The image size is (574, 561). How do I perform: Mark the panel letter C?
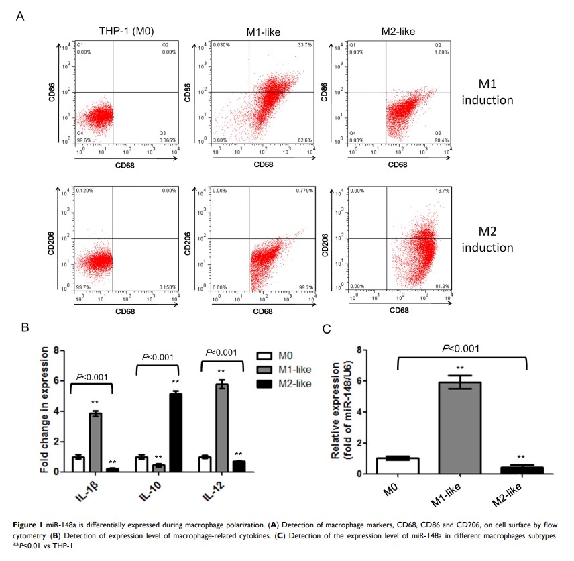(x=327, y=329)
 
